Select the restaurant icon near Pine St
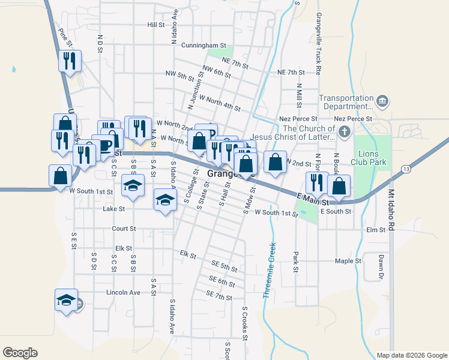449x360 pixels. click(70, 61)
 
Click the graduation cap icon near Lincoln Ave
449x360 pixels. click(66, 301)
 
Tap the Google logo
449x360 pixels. click(20, 353)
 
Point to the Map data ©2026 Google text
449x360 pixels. click(411, 355)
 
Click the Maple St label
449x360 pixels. click(348, 261)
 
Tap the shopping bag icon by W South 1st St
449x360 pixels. click(61, 176)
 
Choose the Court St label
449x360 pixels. click(124, 229)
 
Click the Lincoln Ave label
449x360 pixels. click(122, 292)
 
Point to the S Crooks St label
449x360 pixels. click(245, 325)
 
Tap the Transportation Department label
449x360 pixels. click(346, 103)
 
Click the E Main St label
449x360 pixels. click(314, 198)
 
